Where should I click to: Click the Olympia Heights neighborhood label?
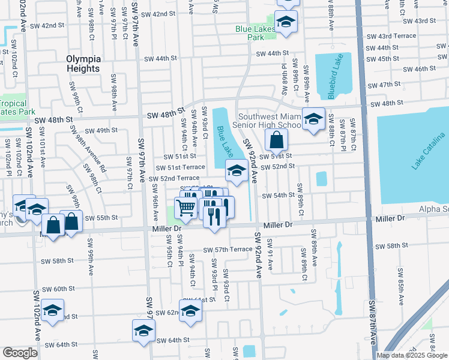(x=83, y=64)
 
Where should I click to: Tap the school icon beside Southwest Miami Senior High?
(x=313, y=119)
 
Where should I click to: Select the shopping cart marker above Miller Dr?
(x=186, y=208)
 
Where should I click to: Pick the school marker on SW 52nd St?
(x=237, y=170)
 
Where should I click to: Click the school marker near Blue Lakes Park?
(x=287, y=22)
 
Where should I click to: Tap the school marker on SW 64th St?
(x=144, y=331)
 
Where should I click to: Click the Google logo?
(x=20, y=353)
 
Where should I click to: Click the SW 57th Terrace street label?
(x=228, y=250)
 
